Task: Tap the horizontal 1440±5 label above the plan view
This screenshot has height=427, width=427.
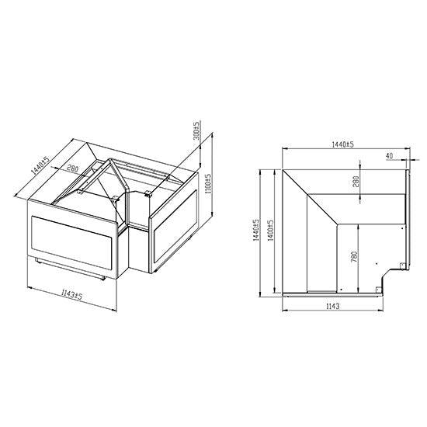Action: pos(342,144)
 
